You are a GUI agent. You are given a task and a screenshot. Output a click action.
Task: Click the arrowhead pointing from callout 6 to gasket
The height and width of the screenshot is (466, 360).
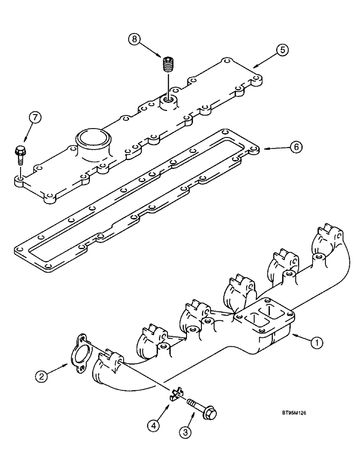[267, 149]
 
